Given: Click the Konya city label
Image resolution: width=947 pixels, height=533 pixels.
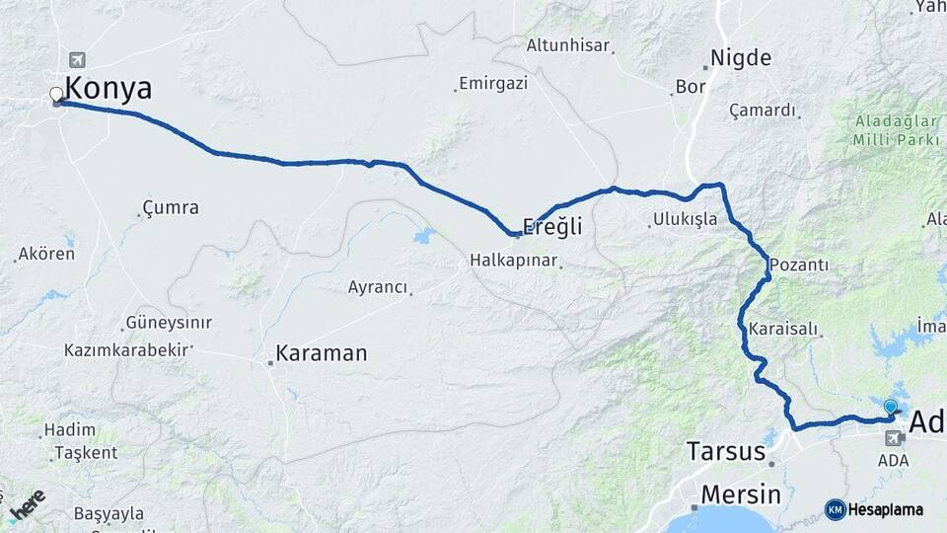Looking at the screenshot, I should pos(109,89).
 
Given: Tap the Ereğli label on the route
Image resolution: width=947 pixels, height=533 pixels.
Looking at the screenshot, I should pos(552,226).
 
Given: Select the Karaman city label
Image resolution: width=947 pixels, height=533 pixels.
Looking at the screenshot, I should pos(322,352).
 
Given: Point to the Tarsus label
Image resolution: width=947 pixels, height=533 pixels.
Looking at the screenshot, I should pos(727,452).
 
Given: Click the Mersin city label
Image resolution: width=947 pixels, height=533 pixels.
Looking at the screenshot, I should pos(741,495).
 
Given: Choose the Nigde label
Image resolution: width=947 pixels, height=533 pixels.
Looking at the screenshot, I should pos(741,57).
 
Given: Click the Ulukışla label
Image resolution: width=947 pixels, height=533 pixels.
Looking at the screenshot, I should pos(685,219).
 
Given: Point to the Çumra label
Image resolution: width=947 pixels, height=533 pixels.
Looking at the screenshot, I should pos(171,208).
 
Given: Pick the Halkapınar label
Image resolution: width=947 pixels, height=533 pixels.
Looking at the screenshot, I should pos(513,262).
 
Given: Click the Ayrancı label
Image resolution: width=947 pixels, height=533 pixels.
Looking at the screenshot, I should pos(377,287).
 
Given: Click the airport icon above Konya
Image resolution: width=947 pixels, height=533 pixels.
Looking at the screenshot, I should pos(78,59).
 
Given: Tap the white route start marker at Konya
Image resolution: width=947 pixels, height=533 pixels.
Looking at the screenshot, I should pos(56,95).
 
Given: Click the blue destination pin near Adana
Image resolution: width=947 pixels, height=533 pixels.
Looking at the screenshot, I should pos(891,407).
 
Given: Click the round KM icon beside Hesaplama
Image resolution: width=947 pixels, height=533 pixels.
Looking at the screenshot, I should pos(835,509).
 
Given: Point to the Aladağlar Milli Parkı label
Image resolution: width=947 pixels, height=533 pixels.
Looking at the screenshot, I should pos(897,130).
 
